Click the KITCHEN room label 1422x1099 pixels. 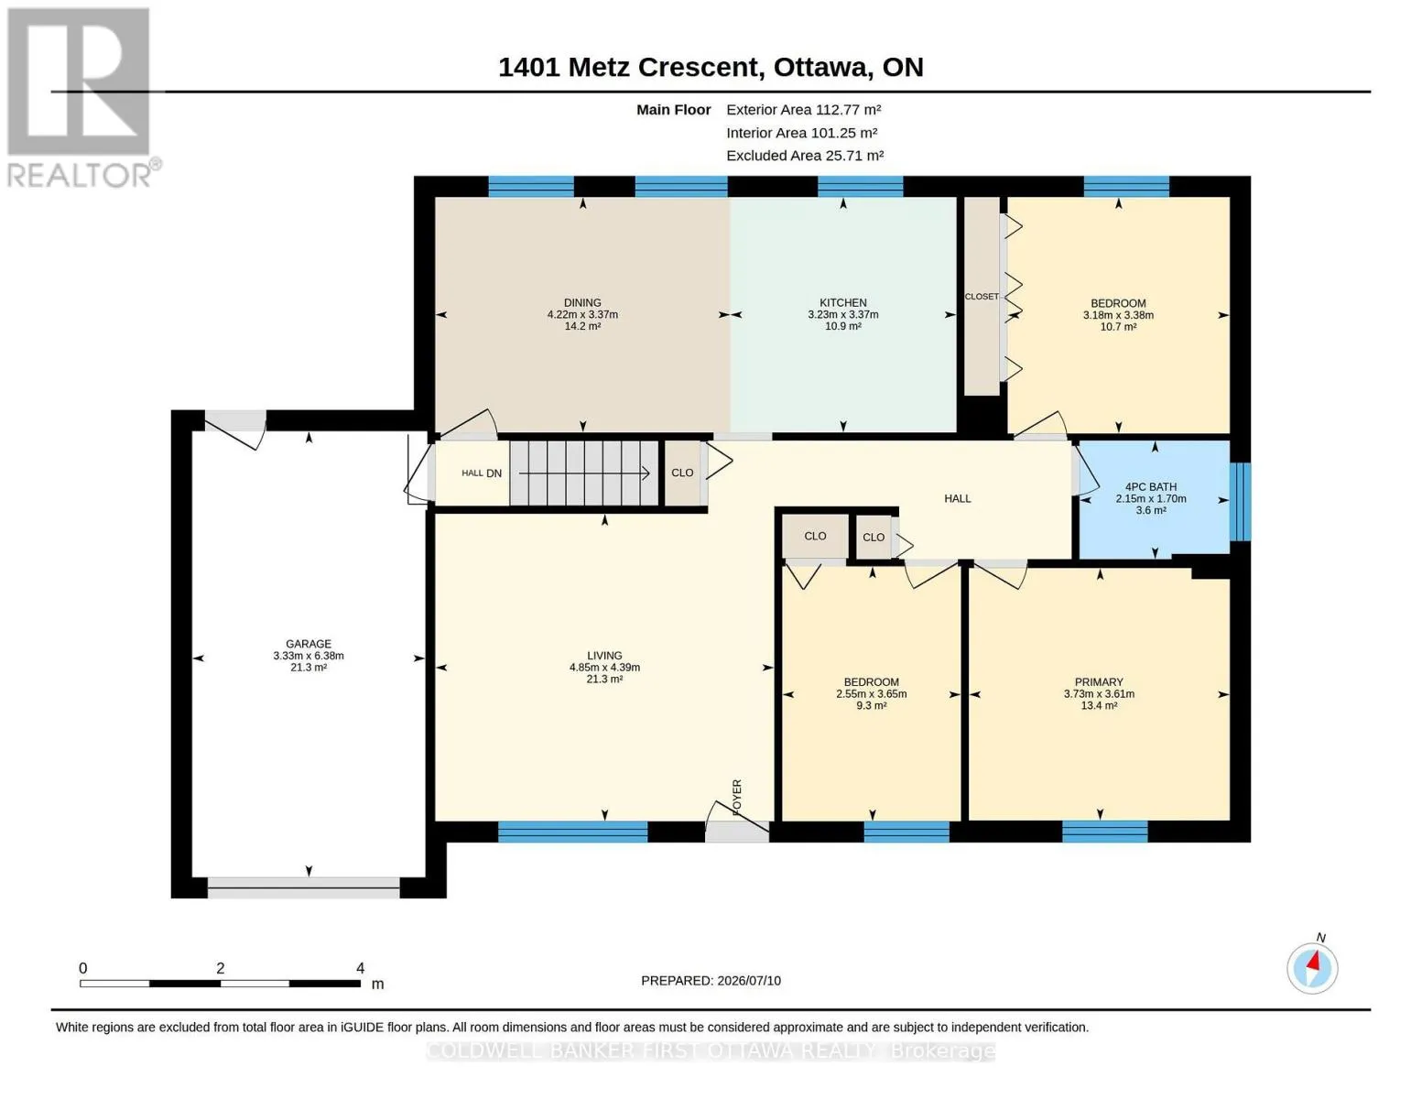coord(843,302)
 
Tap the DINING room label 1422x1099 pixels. coord(582,302)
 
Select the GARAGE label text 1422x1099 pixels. coord(309,644)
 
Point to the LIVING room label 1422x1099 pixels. coord(604,655)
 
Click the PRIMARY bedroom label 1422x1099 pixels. coord(1099,681)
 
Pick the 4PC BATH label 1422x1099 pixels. coord(1150,486)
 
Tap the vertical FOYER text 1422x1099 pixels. coord(737,798)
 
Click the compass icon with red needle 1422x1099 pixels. coord(1312,968)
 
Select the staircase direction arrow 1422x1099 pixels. coord(583,473)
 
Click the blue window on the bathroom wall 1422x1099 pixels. coord(1240,501)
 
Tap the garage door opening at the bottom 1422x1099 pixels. coord(304,887)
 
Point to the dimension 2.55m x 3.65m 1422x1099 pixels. coord(871,694)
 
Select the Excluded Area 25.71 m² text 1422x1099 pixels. coord(805,155)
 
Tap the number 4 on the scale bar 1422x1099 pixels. coord(360,967)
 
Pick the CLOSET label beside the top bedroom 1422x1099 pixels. coord(982,297)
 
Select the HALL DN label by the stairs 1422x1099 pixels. coord(482,473)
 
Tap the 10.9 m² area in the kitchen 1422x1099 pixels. coord(843,326)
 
